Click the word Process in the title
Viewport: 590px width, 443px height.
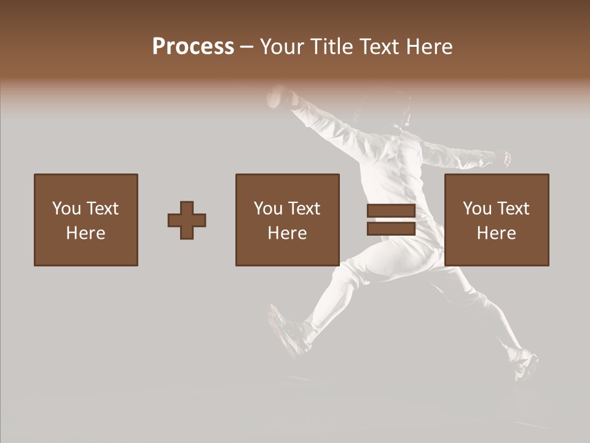(x=193, y=47)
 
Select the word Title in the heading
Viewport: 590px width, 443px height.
(x=330, y=47)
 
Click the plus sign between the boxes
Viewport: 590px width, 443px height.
(x=187, y=220)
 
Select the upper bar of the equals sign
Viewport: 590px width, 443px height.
(x=391, y=210)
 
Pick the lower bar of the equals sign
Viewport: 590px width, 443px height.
(x=391, y=229)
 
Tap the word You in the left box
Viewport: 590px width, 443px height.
(x=66, y=209)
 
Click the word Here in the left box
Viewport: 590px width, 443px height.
(x=85, y=233)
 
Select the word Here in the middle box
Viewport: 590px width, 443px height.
(x=287, y=233)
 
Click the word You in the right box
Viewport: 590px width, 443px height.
(x=477, y=209)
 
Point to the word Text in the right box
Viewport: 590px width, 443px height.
(x=513, y=209)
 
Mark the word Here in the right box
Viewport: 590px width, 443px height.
(x=496, y=233)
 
